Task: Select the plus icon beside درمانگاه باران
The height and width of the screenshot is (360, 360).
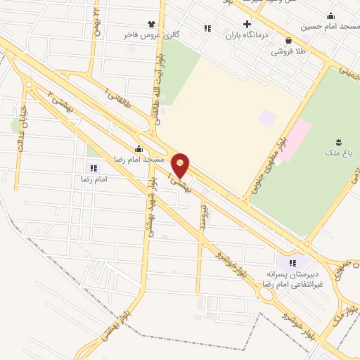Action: pos(246,23)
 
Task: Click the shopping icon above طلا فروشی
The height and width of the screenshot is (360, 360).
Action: pos(289,40)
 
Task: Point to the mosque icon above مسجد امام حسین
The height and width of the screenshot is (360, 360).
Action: pos(330,16)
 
